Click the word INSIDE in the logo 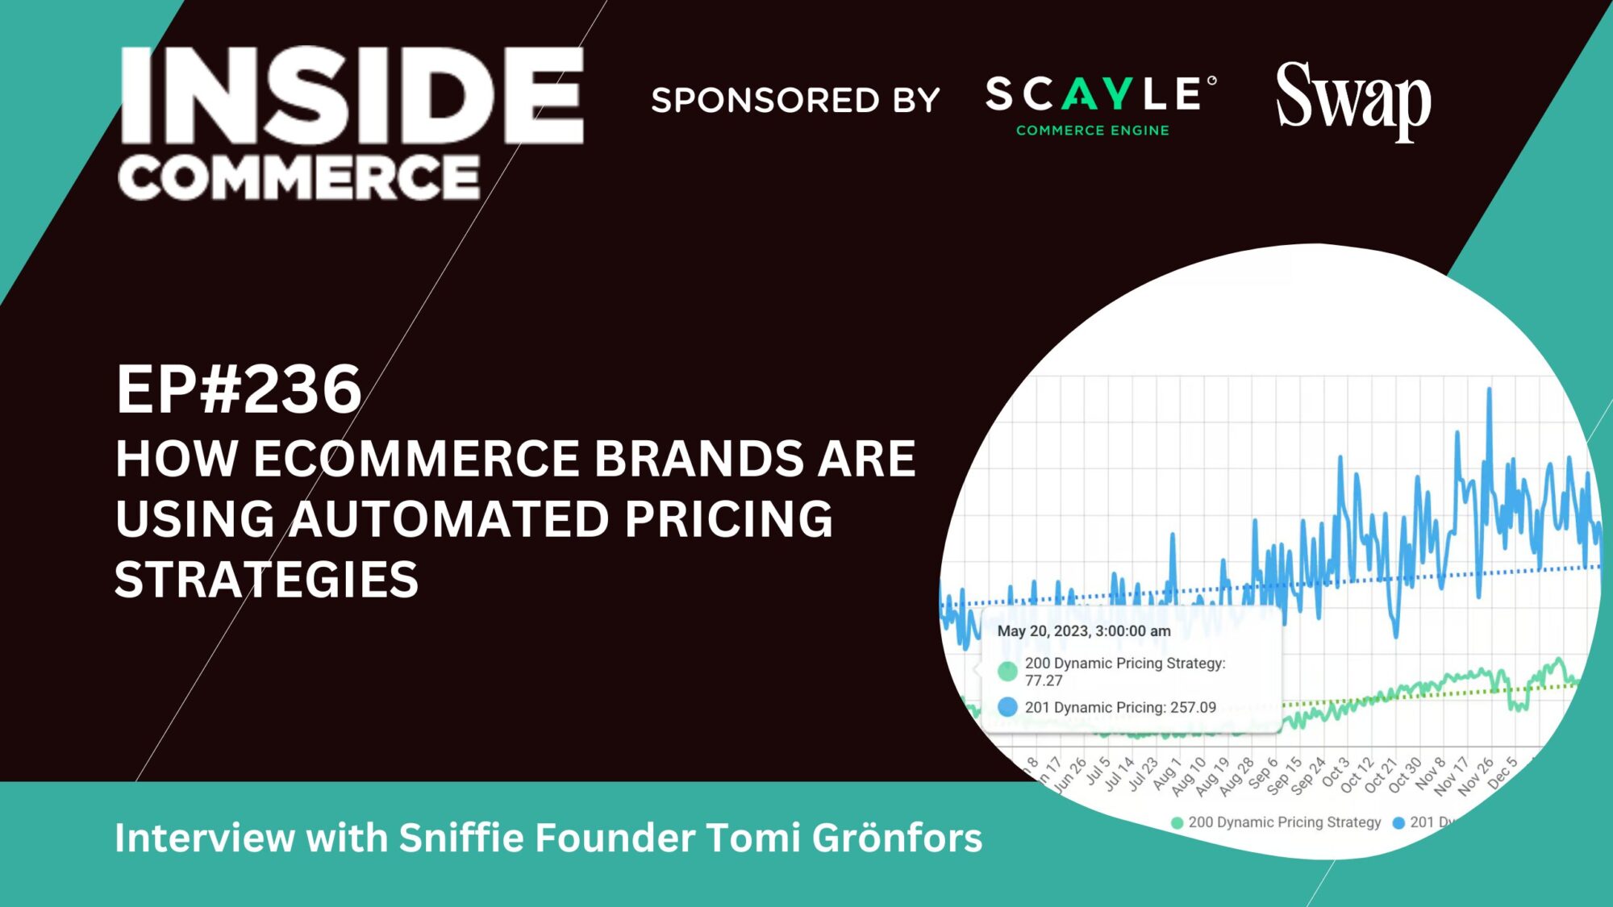pyautogui.click(x=352, y=95)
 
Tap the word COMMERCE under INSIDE pyautogui.click(x=299, y=177)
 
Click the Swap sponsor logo pyautogui.click(x=1353, y=100)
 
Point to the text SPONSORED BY pyautogui.click(x=795, y=100)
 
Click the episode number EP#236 pyautogui.click(x=239, y=389)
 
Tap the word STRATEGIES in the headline pyautogui.click(x=267, y=580)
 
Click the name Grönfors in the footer pyautogui.click(x=897, y=838)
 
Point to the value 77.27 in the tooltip pyautogui.click(x=1044, y=680)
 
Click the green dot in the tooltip pyautogui.click(x=1007, y=671)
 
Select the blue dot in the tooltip pyautogui.click(x=1007, y=707)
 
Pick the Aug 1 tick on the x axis pyautogui.click(x=1166, y=774)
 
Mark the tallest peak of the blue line pyautogui.click(x=1489, y=390)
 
